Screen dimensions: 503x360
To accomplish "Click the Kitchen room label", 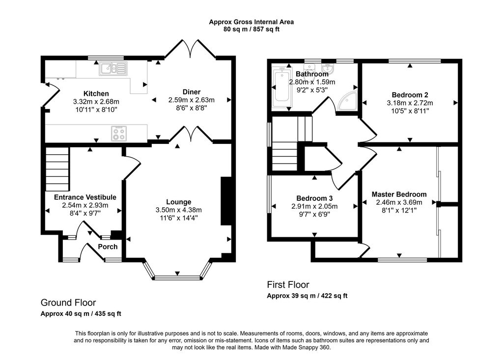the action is tap(96, 94).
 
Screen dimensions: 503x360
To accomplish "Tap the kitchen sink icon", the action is tap(113, 68).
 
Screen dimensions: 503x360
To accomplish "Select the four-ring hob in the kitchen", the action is tap(119, 134).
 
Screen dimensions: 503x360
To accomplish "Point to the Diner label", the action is tap(192, 92).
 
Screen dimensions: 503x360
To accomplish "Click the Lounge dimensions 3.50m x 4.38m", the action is tap(179, 210).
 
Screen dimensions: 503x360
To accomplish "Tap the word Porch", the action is tap(108, 247).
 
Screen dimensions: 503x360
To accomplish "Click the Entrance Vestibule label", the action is tap(85, 197).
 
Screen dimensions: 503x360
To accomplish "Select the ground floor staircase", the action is tap(57, 169).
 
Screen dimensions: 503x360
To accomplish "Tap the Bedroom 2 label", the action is tap(410, 95).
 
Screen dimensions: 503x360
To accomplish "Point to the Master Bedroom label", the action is tap(399, 194).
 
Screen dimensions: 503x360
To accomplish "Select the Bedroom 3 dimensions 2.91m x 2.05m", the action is tap(314, 207).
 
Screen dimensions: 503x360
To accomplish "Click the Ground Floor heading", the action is tap(68, 303).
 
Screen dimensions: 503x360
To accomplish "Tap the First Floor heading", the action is tap(288, 284).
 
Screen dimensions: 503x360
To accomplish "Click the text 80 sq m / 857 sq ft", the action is tap(251, 29).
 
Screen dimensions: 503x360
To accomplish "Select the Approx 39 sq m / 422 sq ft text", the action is tap(307, 296).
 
